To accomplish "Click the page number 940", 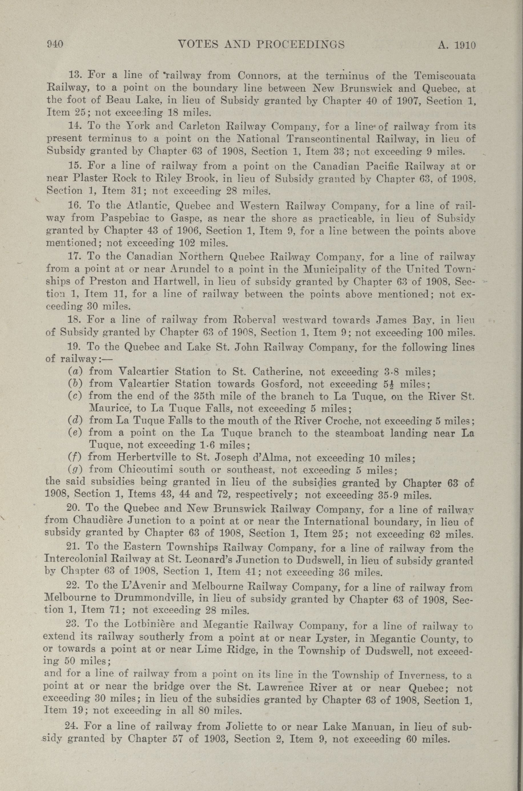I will pos(55,45).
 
